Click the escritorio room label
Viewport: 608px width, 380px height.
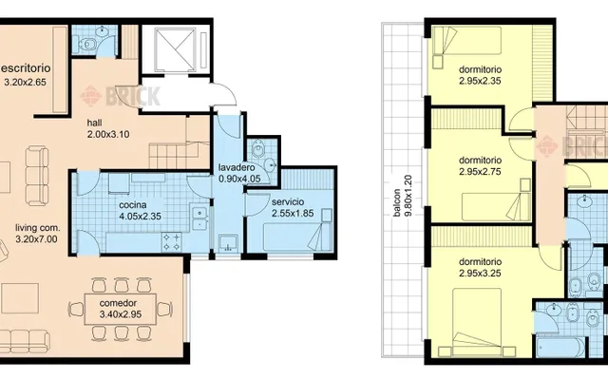point(26,68)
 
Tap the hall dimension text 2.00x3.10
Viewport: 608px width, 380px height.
point(108,135)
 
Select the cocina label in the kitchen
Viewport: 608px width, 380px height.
point(133,205)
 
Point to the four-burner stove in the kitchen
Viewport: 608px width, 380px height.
point(172,241)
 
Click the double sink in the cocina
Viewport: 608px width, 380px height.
point(199,218)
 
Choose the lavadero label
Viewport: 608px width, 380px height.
point(237,168)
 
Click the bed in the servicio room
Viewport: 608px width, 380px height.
point(297,237)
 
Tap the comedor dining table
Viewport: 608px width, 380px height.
point(121,309)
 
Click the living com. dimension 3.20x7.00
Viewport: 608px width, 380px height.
point(36,239)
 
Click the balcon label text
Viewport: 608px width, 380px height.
point(396,202)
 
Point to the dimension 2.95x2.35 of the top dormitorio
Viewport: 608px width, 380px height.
point(480,81)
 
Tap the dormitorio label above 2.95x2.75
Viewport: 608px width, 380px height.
point(480,161)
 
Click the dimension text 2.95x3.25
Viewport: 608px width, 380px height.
point(480,274)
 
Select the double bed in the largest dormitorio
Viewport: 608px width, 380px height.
point(477,322)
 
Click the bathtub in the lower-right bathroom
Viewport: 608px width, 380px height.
point(560,347)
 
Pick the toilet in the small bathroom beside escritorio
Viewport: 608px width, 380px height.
point(87,44)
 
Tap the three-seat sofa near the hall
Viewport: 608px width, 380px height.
point(37,176)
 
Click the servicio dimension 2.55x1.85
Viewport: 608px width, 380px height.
point(293,213)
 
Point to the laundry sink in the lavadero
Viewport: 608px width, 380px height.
point(227,243)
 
